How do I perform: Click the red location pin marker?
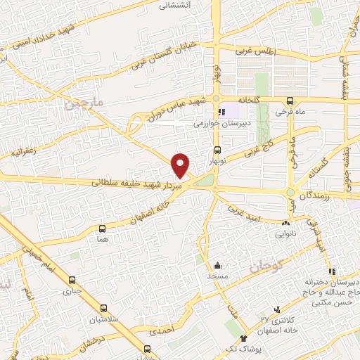click(181, 164)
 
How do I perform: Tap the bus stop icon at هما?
click(103, 229)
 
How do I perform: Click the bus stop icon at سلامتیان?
click(104, 308)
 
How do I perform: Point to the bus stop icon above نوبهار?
click(217, 149)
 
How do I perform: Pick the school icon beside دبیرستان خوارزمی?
click(222, 112)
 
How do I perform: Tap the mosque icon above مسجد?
click(217, 266)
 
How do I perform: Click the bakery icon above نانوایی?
click(285, 223)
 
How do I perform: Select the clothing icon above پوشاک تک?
click(244, 339)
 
